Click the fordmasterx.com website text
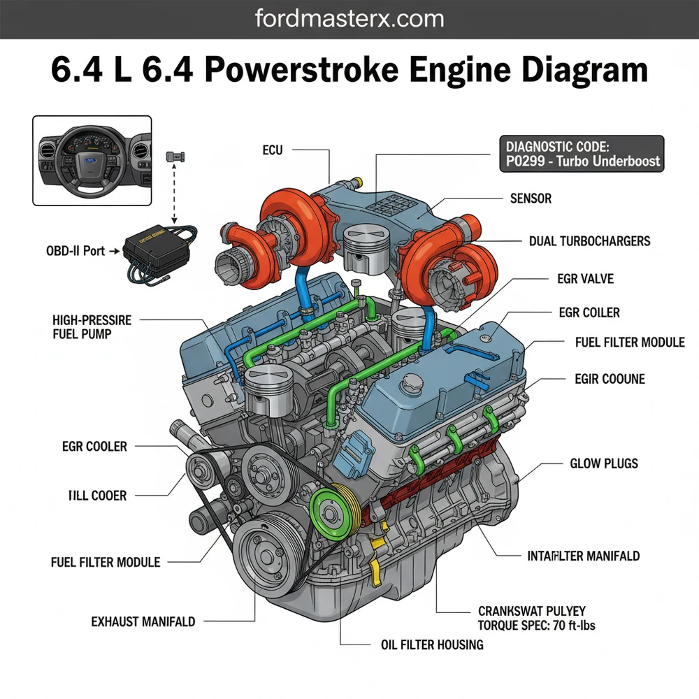[349, 18]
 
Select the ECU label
[273, 150]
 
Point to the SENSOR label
[531, 199]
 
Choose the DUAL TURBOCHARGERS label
[590, 241]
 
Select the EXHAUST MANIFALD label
[143, 621]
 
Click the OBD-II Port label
[71, 250]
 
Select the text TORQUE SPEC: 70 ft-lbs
[536, 626]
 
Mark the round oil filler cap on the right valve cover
[413, 382]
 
